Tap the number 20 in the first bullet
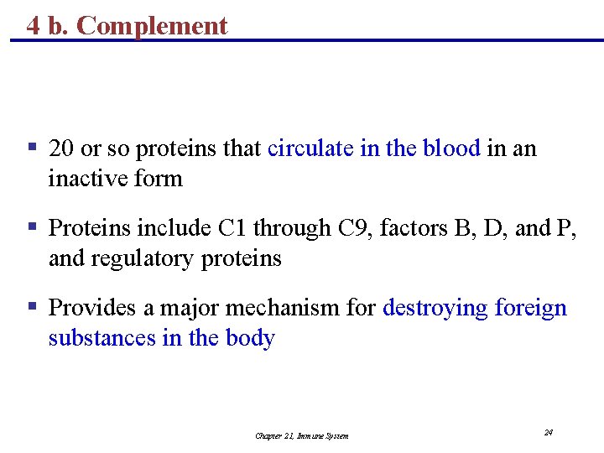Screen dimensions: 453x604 pos(60,149)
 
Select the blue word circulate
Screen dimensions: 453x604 pos(310,149)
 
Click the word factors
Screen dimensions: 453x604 pos(414,229)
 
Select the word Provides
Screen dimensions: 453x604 pos(90,309)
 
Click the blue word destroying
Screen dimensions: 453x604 pos(435,309)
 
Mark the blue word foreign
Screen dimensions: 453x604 pos(531,309)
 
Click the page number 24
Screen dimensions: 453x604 pos(548,432)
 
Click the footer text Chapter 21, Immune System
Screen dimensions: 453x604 pos(302,435)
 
